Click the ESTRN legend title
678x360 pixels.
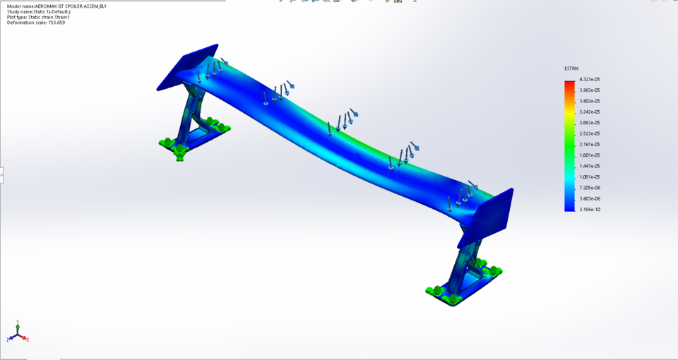[x=571, y=68]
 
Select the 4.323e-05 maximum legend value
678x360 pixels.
[x=589, y=80]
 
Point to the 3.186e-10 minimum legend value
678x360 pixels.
[x=589, y=210]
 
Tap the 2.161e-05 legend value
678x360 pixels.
[x=589, y=144]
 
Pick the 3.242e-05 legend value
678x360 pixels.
[x=589, y=112]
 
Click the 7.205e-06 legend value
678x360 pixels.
[x=589, y=188]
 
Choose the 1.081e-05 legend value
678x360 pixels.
[x=589, y=176]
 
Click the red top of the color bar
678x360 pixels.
[x=569, y=84]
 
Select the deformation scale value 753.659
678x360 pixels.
[x=56, y=23]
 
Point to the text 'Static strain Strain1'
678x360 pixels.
[x=49, y=17]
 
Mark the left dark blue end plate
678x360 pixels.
[x=186, y=67]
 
